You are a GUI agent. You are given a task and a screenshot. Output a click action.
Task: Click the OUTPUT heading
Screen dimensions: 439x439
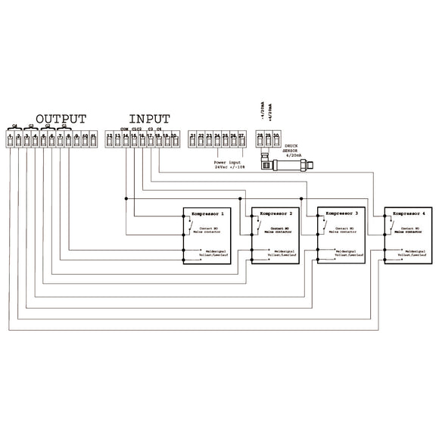pos(61,120)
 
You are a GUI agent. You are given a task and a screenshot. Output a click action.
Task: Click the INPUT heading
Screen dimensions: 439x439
pos(149,120)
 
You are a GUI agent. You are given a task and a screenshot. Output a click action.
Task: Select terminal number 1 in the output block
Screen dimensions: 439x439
pos(11,138)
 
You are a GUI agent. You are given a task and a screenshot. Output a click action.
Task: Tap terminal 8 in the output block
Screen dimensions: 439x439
pos(69,138)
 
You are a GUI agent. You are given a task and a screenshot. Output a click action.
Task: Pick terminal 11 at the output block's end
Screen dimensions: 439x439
pos(93,138)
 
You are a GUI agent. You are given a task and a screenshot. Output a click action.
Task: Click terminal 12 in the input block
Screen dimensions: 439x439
pos(110,138)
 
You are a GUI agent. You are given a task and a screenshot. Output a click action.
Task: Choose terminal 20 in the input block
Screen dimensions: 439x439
pos(174,138)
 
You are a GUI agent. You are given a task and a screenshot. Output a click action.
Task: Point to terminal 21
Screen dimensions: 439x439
pos(193,138)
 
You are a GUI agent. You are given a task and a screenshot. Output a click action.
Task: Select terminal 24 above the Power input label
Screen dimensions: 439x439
pos(217,138)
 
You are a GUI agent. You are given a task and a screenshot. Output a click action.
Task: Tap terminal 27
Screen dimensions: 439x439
pos(241,138)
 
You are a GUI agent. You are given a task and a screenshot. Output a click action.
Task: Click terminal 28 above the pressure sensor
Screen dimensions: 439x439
pos(260,138)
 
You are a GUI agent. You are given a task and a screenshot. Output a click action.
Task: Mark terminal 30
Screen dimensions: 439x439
pos(277,138)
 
